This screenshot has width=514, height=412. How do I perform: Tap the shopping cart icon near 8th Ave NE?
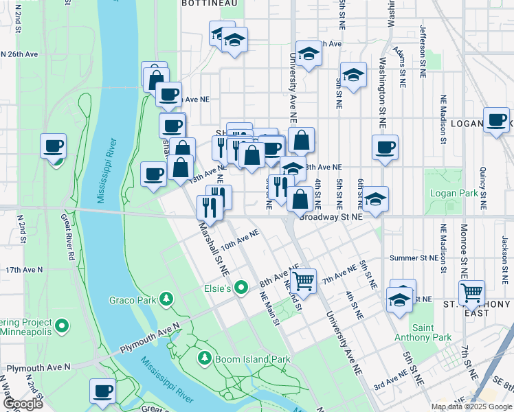[x=303, y=280]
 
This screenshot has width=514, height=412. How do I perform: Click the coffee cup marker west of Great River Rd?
[x=54, y=146]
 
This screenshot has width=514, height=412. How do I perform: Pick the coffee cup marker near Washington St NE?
[x=385, y=146]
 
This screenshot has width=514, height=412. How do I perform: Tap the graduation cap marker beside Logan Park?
[x=375, y=199]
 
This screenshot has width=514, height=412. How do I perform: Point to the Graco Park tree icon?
[x=166, y=299]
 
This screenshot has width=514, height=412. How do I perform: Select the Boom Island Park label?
[x=253, y=359]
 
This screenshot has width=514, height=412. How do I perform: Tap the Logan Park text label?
[x=453, y=194]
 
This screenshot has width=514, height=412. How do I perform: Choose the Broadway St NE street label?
[x=328, y=217]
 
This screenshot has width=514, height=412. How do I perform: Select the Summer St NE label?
[x=414, y=258]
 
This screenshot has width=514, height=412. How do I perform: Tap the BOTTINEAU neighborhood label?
[x=209, y=3]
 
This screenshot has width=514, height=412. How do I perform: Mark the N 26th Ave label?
[x=19, y=54]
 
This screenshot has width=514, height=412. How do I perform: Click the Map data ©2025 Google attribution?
[x=471, y=407]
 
